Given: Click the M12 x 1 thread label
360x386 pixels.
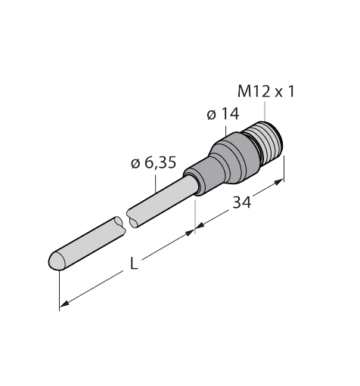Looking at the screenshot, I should (265, 92).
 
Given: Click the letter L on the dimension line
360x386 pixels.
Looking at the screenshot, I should (134, 265).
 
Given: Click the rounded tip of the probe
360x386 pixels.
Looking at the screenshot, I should (54, 261).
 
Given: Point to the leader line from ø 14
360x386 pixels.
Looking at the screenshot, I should (224, 130).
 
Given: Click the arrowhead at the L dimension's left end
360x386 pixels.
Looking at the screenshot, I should (64, 304).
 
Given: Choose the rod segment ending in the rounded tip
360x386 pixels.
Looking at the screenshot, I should (83, 244).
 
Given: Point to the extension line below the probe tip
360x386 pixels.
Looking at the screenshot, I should (59, 291).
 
